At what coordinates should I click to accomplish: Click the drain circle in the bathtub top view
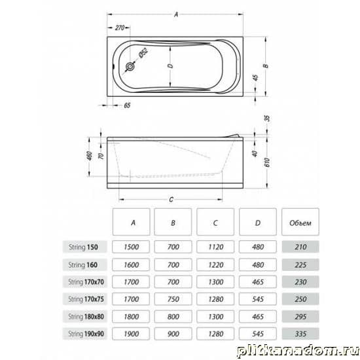130,67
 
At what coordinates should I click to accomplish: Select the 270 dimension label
120,27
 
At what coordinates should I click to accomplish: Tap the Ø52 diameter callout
143,52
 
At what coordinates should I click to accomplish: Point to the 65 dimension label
127,105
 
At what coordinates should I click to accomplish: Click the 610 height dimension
267,162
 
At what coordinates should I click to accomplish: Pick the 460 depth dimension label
90,156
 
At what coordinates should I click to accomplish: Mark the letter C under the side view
171,200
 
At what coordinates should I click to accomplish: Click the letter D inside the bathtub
170,66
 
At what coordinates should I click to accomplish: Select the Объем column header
300,222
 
